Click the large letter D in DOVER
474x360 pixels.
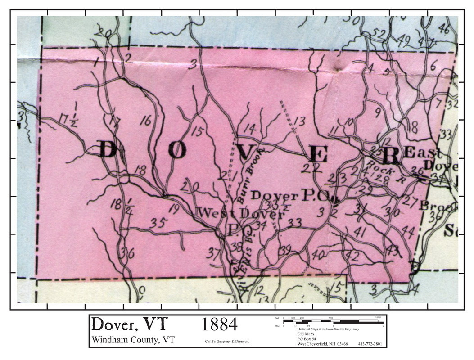coord(107,150)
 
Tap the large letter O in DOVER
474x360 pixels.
coord(178,151)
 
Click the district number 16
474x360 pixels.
coord(146,121)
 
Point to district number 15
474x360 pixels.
coord(196,131)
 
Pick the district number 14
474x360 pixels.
coord(249,129)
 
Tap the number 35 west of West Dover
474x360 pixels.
coord(159,222)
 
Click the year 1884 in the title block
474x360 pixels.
coord(219,324)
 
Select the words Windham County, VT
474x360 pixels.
coord(133,340)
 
